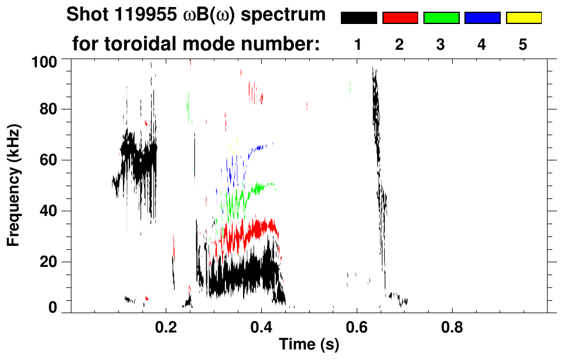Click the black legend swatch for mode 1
358,18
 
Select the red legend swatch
400,18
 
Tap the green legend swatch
441,18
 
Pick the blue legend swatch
482,18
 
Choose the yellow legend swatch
524,18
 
